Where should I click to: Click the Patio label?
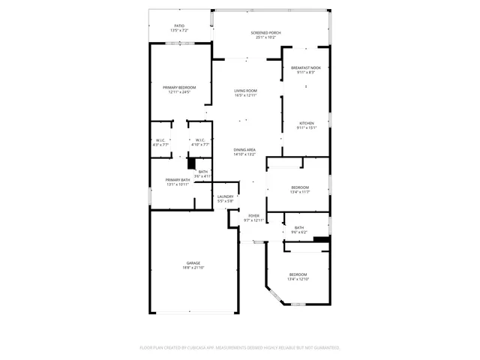point(179,26)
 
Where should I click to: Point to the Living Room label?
point(245,92)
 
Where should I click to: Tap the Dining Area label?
point(244,151)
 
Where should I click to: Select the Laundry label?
point(225,198)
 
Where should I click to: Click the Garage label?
point(193,264)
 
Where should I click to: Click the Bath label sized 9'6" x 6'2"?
point(298,229)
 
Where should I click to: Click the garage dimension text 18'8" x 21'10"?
point(193,268)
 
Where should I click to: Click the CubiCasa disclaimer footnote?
point(240,348)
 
